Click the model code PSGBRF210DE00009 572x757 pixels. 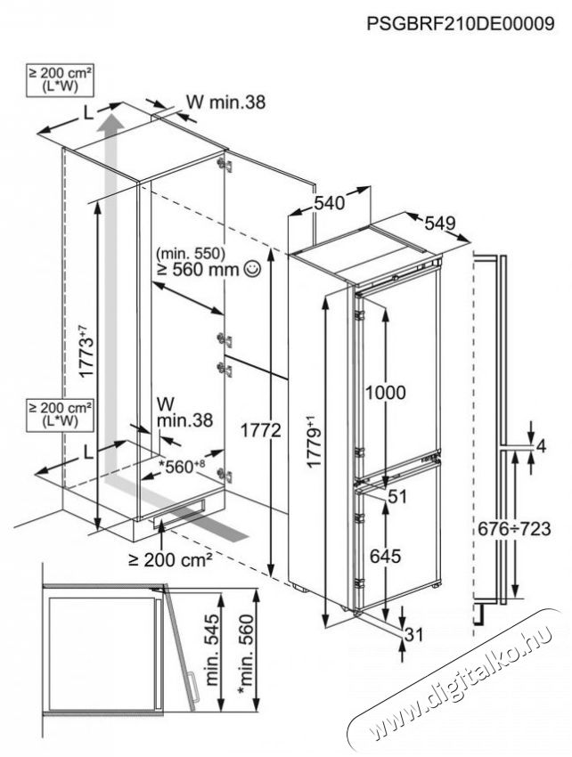[x=467, y=25]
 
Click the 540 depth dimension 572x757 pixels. [x=330, y=203]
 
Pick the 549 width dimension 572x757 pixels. [x=440, y=222]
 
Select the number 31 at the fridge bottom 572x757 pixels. [x=413, y=633]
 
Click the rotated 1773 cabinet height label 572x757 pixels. [x=82, y=354]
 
